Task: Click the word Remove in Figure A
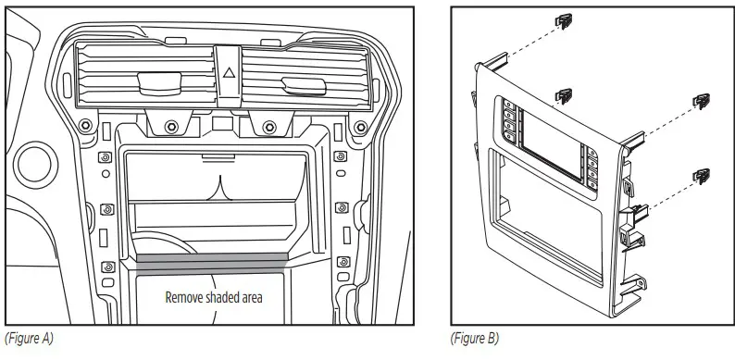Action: tap(185, 298)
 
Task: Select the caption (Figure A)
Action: tap(31, 339)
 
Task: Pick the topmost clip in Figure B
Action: tap(561, 21)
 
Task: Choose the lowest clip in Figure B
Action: tap(703, 173)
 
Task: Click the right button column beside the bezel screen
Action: tap(591, 167)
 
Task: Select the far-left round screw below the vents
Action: tap(85, 125)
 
